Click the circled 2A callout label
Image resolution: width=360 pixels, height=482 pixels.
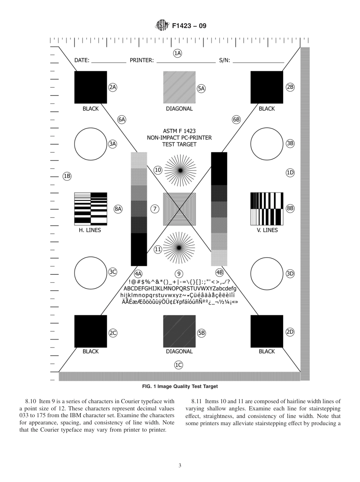pyautogui.click(x=113, y=87)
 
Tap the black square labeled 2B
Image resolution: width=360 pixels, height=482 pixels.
pyautogui.click(x=267, y=87)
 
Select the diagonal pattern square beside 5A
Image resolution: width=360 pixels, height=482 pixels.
pyautogui.click(x=179, y=87)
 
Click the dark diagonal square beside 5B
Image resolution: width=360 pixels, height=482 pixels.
pyautogui.click(x=179, y=331)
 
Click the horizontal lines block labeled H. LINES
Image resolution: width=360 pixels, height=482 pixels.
pyautogui.click(x=91, y=208)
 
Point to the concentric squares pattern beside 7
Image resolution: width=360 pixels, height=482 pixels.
pyautogui.click(x=179, y=208)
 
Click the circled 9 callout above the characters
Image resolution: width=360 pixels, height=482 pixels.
pyautogui.click(x=179, y=274)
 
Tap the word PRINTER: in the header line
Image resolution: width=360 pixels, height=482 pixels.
pyautogui.click(x=142, y=60)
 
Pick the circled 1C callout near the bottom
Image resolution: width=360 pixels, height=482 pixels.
pyautogui.click(x=178, y=365)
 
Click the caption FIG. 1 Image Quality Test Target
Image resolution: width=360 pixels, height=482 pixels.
pyautogui.click(x=180, y=387)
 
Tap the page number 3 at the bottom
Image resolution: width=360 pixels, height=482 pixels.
pyautogui.click(x=180, y=466)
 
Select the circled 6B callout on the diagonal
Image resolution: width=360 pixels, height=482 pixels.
pyautogui.click(x=236, y=120)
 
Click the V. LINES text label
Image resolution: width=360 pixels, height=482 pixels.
pyautogui.click(x=267, y=230)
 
